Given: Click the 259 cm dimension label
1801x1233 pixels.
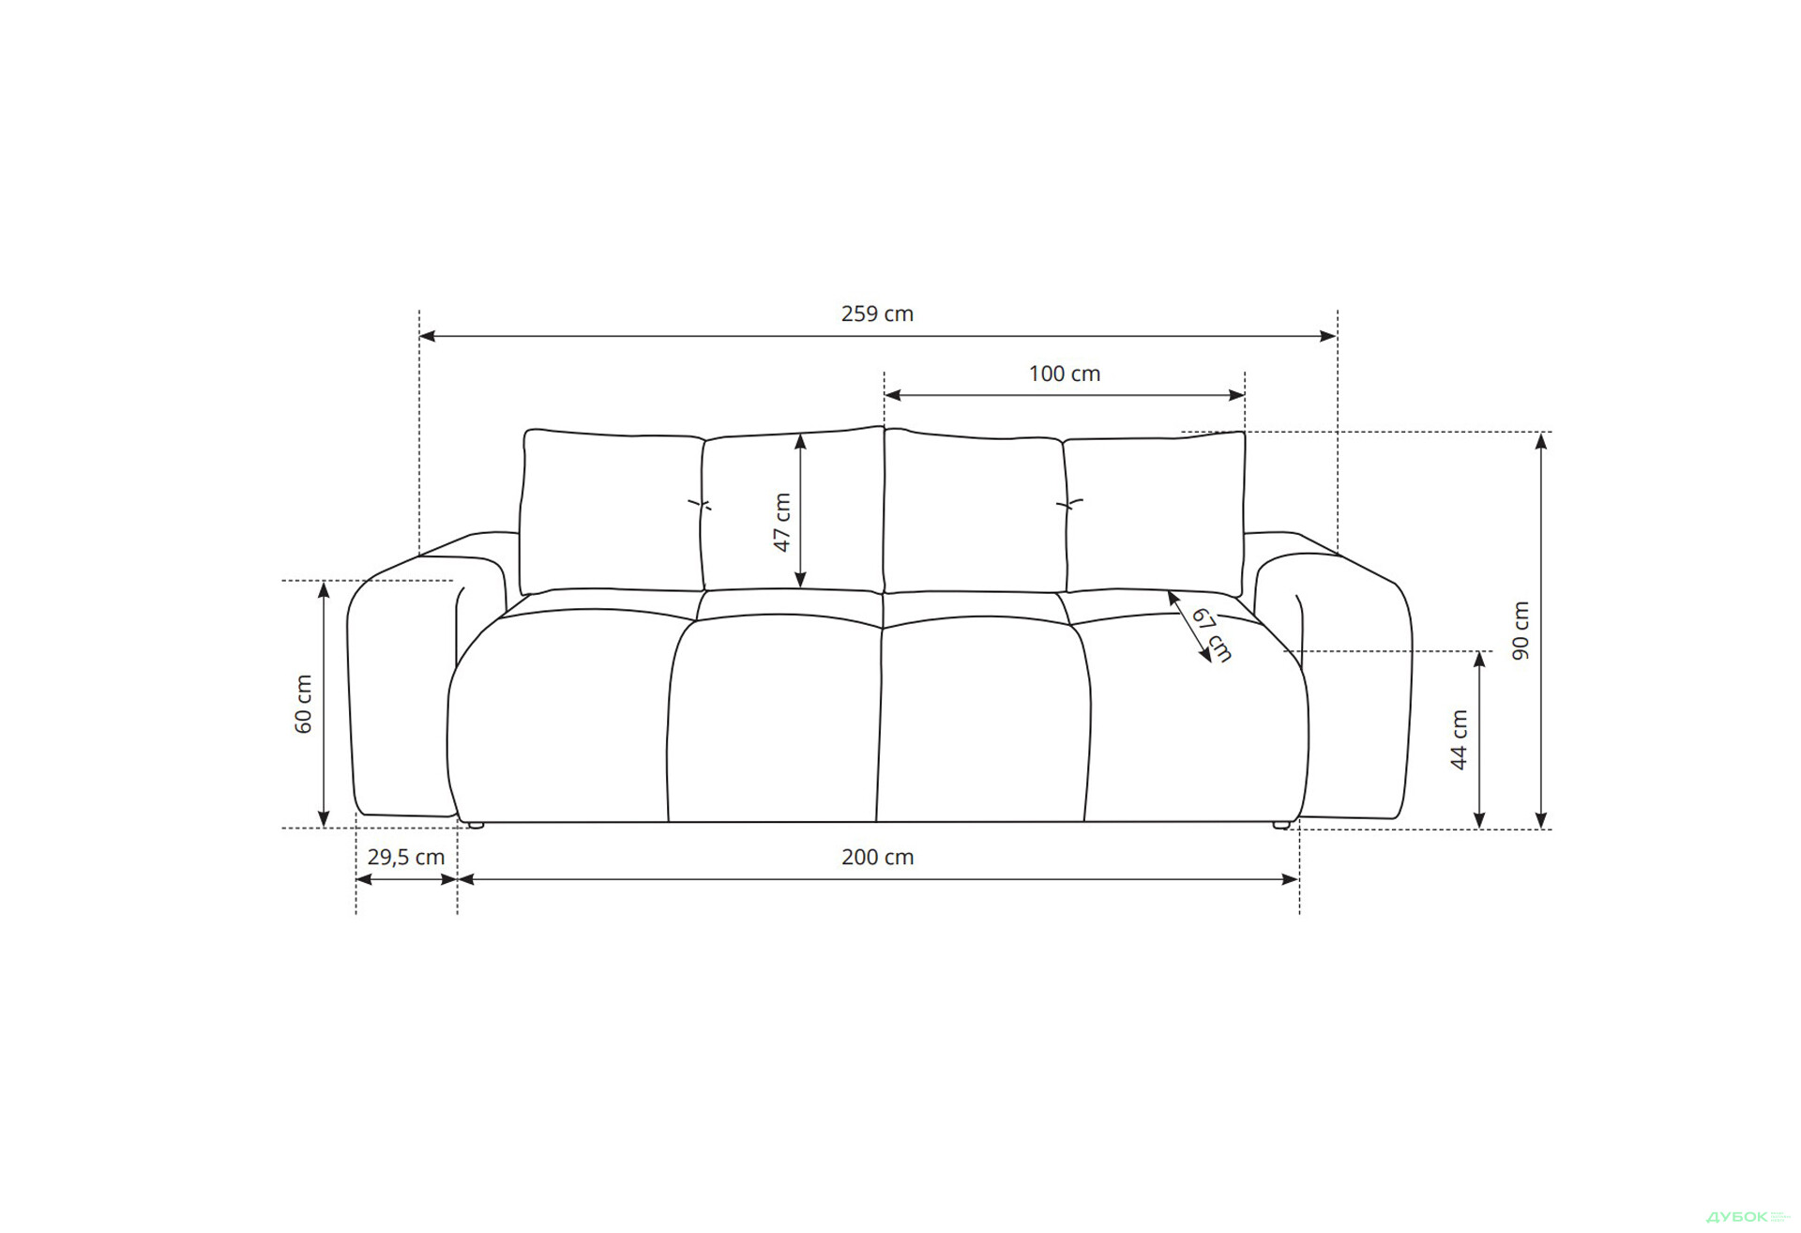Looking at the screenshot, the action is coord(877,313).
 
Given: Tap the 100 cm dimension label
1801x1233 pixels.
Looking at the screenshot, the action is coord(1065,373).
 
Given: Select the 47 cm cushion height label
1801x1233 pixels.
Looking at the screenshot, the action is coord(782,523).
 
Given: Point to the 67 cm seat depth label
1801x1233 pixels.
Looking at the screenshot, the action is coord(1212,634).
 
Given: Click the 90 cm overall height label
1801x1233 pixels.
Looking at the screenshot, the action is coord(1521,631).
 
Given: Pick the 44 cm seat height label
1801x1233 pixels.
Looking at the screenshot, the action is coord(1459,740).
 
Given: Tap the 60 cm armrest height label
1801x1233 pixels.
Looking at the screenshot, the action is coord(303,704).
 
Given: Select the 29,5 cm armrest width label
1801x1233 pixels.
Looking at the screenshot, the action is coord(406,857).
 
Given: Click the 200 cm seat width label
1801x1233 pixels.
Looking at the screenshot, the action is coord(877,857).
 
